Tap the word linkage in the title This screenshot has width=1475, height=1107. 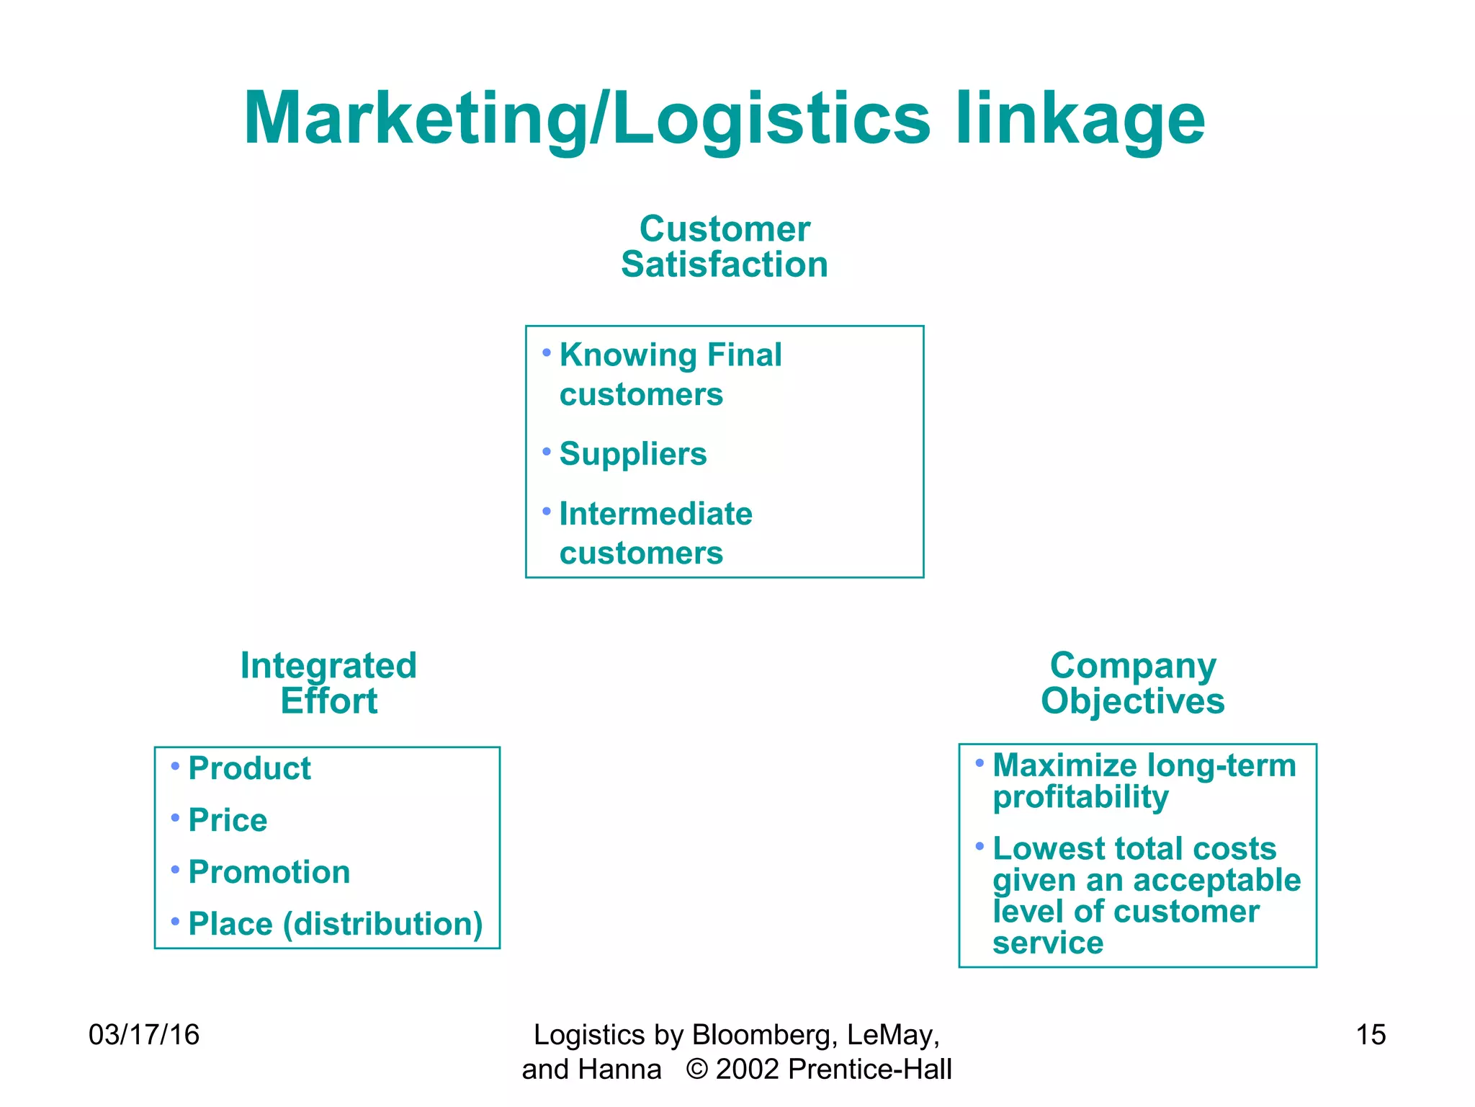pyautogui.click(x=1080, y=119)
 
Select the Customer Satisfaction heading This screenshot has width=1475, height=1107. pyautogui.click(x=725, y=246)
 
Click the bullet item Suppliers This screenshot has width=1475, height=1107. pyautogui.click(x=633, y=454)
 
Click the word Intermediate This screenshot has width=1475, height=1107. pyautogui.click(x=655, y=514)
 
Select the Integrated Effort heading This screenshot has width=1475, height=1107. pyautogui.click(x=328, y=683)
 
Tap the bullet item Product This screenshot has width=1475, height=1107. pyautogui.click(x=249, y=768)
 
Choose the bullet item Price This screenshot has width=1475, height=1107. pyautogui.click(x=228, y=820)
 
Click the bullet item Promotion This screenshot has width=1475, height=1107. pyautogui.click(x=269, y=872)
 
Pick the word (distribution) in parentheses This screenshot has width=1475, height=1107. pyautogui.click(x=382, y=924)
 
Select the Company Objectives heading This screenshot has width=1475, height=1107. pyautogui.click(x=1132, y=683)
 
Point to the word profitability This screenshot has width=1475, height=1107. pyautogui.click(x=1080, y=797)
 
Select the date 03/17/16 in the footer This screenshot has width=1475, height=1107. pyautogui.click(x=143, y=1035)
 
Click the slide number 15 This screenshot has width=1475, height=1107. pyautogui.click(x=1370, y=1035)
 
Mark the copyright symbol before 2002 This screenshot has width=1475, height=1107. pyautogui.click(x=696, y=1070)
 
